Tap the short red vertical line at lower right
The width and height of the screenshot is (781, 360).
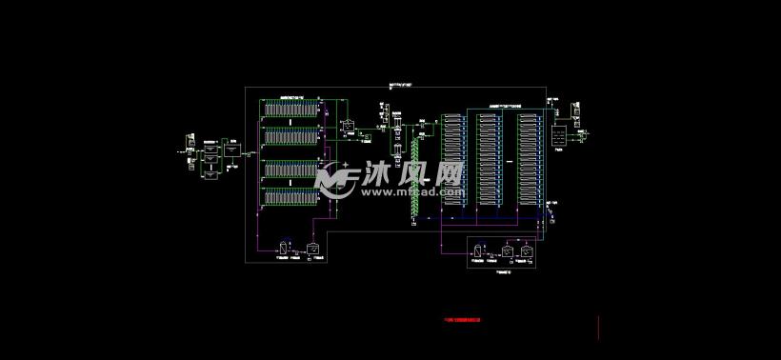[x=597, y=328]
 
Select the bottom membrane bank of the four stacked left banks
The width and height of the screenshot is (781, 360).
[x=290, y=197]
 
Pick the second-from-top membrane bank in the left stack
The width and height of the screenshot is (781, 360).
[x=290, y=138]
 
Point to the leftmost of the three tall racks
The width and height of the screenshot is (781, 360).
[x=451, y=157]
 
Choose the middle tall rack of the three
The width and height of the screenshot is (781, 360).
[x=489, y=157]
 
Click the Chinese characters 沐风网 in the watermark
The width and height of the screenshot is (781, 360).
[x=411, y=174]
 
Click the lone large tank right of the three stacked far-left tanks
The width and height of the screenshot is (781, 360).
[x=232, y=151]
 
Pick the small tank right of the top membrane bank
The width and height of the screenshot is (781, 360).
[x=349, y=126]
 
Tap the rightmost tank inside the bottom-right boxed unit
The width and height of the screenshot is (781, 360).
[x=527, y=251]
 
